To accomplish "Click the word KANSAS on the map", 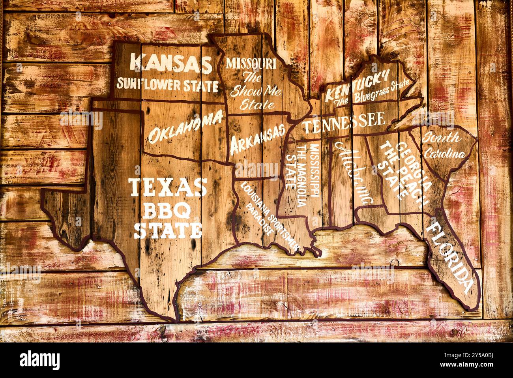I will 170,64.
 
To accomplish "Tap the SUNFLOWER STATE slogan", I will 167,84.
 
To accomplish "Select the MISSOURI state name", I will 251,63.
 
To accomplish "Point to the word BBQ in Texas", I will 167,211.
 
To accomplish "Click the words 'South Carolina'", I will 442,146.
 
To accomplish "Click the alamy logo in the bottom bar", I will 40,360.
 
